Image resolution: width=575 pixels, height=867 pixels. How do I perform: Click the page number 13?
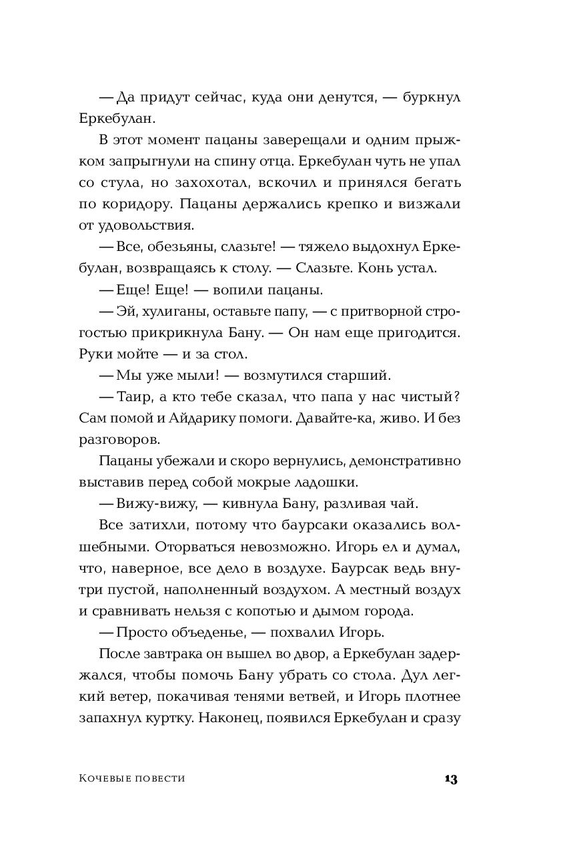coord(451,779)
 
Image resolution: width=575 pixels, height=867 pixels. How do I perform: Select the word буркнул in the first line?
coord(426,97)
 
